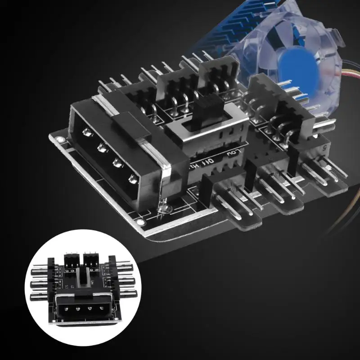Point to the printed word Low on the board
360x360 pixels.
tap(233, 155)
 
